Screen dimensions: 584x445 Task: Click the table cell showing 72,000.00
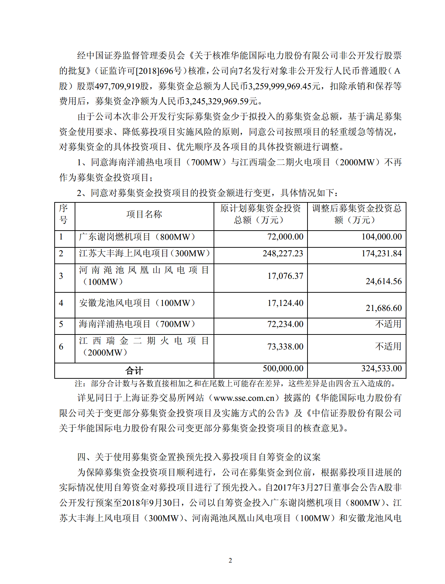(x=285, y=237)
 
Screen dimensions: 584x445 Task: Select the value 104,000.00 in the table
(x=381, y=237)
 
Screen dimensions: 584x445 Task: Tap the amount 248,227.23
(x=282, y=253)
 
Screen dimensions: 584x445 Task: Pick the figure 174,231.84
(x=381, y=253)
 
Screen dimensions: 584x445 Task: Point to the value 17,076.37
(x=285, y=276)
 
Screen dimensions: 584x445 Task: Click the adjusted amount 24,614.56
(x=384, y=281)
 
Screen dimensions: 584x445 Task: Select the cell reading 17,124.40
(x=285, y=303)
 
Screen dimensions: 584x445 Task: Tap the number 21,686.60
(x=384, y=308)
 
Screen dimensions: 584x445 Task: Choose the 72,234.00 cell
(x=285, y=324)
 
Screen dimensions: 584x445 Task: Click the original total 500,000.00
(x=283, y=368)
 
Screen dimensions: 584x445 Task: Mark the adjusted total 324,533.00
(x=381, y=368)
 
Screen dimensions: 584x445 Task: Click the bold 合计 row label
(x=134, y=371)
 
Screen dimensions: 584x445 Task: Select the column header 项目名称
(x=144, y=214)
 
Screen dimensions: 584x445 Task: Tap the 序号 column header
(x=64, y=214)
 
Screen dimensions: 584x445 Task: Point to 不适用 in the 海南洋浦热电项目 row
(x=388, y=324)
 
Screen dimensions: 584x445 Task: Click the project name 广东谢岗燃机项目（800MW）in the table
(x=137, y=237)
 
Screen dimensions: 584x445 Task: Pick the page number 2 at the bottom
(x=230, y=560)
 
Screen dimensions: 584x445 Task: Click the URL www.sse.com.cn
(x=244, y=398)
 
